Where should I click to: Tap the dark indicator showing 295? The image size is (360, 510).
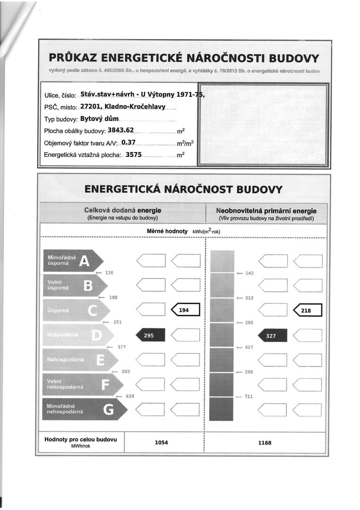pyautogui.click(x=150, y=335)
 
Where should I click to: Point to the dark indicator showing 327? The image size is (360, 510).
pyautogui.click(x=272, y=335)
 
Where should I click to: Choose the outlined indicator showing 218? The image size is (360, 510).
pyautogui.click(x=308, y=310)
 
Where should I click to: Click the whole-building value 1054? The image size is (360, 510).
pyautogui.click(x=161, y=442)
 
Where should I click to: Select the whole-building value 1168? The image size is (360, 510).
pyautogui.click(x=265, y=442)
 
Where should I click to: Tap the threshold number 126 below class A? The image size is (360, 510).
pyautogui.click(x=109, y=273)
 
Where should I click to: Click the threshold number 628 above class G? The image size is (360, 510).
pyautogui.click(x=130, y=396)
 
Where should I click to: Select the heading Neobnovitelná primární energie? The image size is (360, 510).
pyautogui.click(x=266, y=210)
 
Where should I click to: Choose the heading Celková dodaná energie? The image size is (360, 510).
pyautogui.click(x=122, y=210)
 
